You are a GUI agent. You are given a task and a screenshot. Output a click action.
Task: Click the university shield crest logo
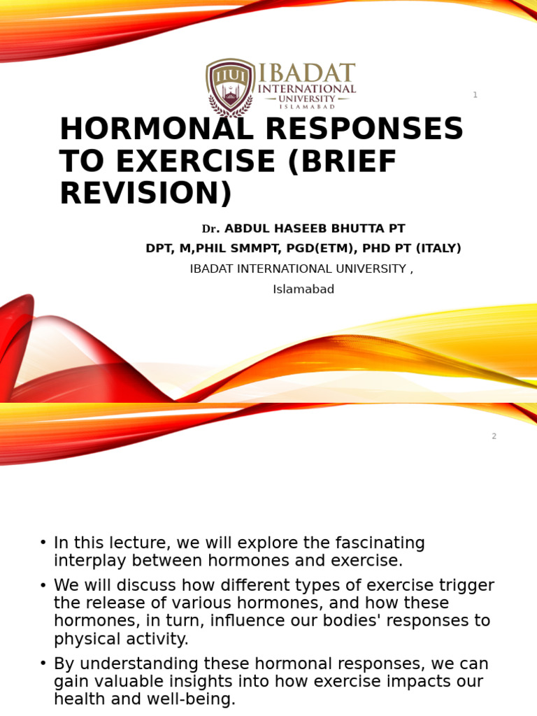(230, 86)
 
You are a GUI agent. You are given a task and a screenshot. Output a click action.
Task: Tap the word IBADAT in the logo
(307, 74)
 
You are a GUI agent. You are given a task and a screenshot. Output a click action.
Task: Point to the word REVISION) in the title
(145, 194)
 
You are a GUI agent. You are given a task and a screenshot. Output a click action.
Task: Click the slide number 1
(475, 95)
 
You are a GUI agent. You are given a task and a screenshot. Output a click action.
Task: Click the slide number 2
(494, 436)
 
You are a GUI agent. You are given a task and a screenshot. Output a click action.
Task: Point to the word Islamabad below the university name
(303, 289)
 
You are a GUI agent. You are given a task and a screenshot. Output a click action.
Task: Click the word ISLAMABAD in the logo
(307, 106)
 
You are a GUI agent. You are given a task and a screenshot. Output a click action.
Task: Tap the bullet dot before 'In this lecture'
(43, 543)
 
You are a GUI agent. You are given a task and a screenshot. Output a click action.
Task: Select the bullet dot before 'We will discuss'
(43, 586)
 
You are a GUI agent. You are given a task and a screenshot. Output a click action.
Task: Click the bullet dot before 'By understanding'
(43, 664)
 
